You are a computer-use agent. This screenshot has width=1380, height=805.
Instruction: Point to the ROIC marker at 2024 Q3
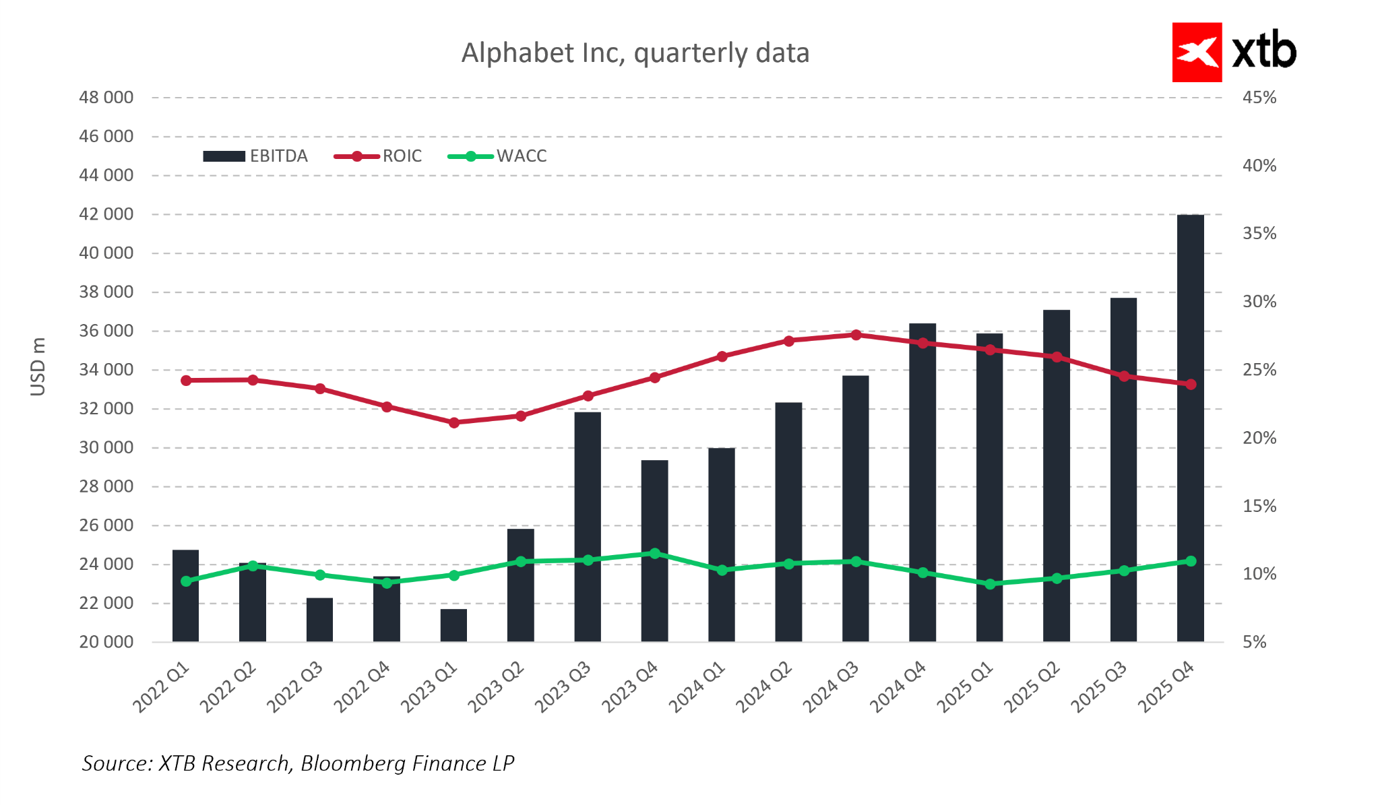tap(856, 335)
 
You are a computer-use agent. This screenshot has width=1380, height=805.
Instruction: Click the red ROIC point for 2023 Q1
tap(453, 422)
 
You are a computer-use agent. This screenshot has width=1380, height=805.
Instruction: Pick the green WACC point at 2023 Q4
tap(654, 553)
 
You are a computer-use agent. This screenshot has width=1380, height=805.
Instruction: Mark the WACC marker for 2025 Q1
tap(990, 584)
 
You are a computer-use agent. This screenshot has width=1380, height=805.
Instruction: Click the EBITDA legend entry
tap(255, 156)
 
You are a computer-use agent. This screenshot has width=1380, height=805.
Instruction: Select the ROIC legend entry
tap(378, 156)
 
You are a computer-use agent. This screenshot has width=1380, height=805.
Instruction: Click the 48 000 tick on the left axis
tap(106, 98)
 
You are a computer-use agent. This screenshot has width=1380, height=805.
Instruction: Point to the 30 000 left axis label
tap(106, 447)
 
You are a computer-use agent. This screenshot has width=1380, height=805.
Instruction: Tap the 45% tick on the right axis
tap(1259, 98)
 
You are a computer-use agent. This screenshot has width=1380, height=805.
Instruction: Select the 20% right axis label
tap(1259, 438)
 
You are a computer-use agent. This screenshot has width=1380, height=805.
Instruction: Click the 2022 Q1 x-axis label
tap(162, 687)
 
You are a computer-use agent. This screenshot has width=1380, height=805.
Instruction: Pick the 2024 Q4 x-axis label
tap(898, 687)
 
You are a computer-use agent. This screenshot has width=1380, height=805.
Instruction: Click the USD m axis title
tap(38, 367)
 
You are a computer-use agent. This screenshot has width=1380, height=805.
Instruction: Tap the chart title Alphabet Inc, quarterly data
tap(635, 53)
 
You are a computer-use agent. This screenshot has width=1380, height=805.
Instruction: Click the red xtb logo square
tap(1197, 53)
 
